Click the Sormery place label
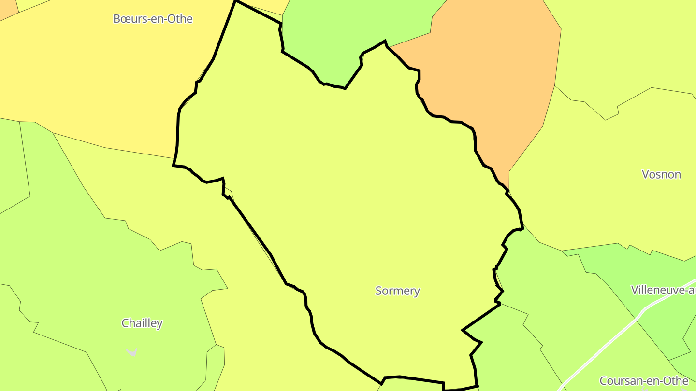397,291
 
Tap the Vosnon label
661,174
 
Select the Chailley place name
142,323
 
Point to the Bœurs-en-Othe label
153,19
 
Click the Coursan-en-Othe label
644,380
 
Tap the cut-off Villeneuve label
663,290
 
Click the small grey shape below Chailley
132,352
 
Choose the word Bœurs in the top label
127,19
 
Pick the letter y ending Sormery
417,292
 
